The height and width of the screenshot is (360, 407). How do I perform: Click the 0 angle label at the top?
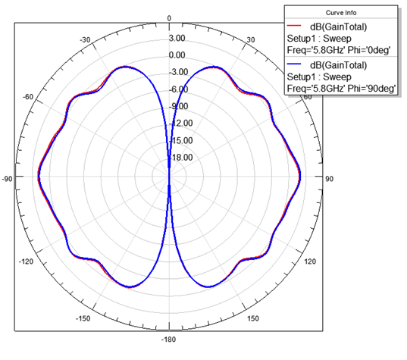tap(169, 18)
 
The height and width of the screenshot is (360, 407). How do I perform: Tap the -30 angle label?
tap(85, 40)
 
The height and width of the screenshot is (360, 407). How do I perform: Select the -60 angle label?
tap(28, 97)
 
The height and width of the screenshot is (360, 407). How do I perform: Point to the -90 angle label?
tap(8, 179)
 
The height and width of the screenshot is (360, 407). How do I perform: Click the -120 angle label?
tap(26, 261)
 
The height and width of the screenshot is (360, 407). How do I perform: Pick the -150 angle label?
tap(83, 318)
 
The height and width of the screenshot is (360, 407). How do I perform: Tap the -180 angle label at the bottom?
tap(168, 340)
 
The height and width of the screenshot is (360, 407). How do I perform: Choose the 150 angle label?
tap(253, 318)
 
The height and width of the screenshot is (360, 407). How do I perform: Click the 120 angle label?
tap(310, 261)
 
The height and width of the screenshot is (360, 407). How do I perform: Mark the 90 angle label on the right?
tap(330, 179)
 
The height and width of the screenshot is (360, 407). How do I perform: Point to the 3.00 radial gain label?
tap(177, 38)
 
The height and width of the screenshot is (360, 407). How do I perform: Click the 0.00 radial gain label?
tap(177, 55)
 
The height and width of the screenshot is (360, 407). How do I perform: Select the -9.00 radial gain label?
tap(179, 106)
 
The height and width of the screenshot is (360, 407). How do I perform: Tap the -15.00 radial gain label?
tap(181, 140)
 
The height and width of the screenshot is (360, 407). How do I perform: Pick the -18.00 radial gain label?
tap(181, 158)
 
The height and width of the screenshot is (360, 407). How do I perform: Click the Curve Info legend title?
tap(341, 13)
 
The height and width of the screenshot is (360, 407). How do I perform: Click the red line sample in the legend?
tap(294, 26)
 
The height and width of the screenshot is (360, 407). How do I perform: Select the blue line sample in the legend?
tap(294, 64)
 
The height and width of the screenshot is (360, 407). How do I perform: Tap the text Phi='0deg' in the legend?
tap(369, 50)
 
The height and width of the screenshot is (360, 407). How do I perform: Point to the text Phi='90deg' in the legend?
tap(371, 89)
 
